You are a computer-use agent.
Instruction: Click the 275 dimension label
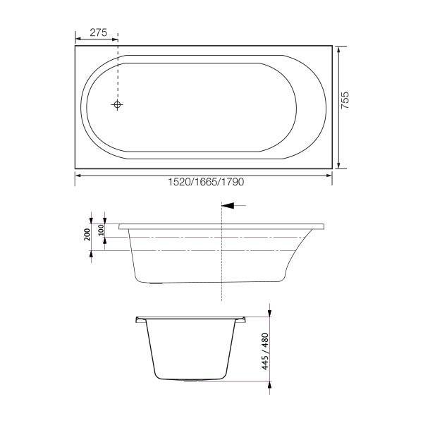point(97,32)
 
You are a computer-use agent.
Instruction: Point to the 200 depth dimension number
point(87,235)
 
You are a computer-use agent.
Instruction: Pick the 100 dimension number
point(101,230)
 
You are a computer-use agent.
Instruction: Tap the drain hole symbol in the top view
point(118,105)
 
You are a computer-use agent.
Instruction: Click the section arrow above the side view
point(233,206)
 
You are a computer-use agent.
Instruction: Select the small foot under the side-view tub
point(156,285)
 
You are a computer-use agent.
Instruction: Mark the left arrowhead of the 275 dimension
point(78,38)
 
